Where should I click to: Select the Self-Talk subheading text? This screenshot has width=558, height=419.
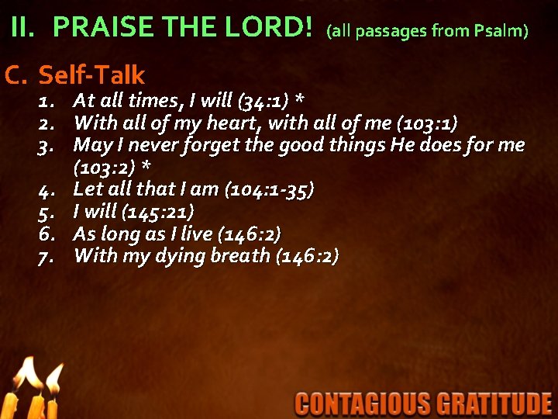coord(91,74)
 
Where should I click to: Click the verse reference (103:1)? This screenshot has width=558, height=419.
coord(425,123)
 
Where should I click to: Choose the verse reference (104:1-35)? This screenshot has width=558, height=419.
coord(268,189)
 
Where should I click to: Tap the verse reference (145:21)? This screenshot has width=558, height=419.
coord(157,211)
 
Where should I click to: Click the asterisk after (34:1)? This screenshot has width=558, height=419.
coord(300,100)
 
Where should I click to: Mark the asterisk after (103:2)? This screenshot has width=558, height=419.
coord(145,167)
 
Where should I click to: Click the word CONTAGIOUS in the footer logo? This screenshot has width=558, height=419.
coord(363,403)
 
